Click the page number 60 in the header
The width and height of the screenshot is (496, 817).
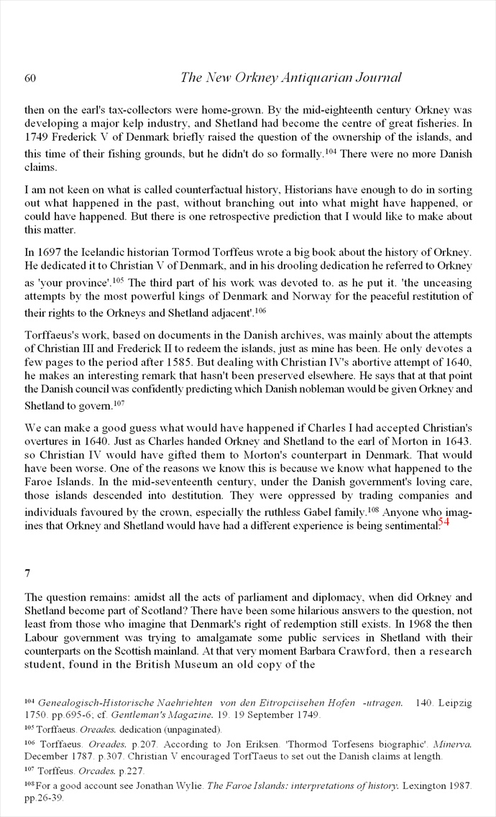click(30, 78)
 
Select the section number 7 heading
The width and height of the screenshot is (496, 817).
click(27, 573)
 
